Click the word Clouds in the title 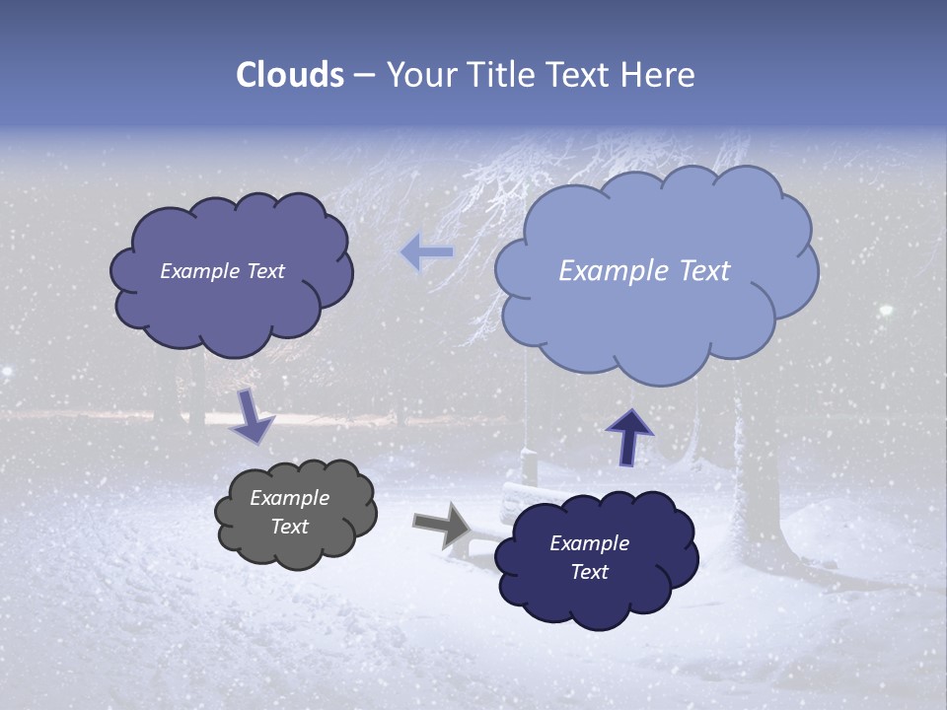point(290,75)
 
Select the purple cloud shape point(232,306)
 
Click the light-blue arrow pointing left point(426,253)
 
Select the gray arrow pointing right point(443,525)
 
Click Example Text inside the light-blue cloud point(644,271)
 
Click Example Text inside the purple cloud point(222,271)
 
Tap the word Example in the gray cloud point(289,498)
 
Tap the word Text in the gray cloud point(289,527)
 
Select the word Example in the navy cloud point(589,543)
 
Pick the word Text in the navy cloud point(589,572)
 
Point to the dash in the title point(363,75)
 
